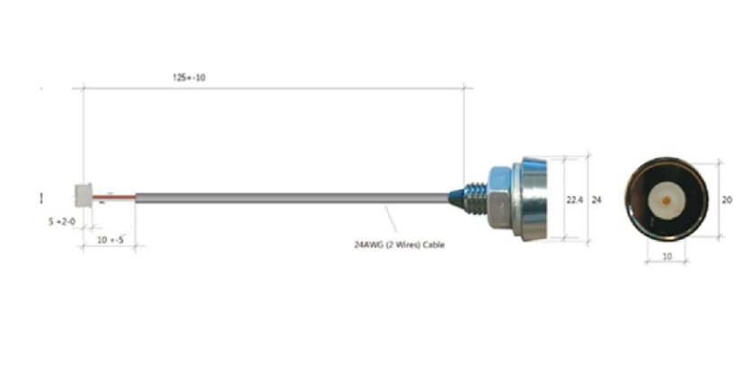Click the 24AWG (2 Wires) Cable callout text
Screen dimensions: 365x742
[399, 244]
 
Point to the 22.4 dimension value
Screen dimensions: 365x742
[571, 200]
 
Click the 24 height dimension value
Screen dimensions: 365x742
[596, 200]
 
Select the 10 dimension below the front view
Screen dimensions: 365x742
[667, 256]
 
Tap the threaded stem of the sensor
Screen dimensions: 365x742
[477, 197]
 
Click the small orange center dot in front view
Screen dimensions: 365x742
[667, 199]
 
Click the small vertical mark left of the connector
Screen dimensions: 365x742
[42, 197]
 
